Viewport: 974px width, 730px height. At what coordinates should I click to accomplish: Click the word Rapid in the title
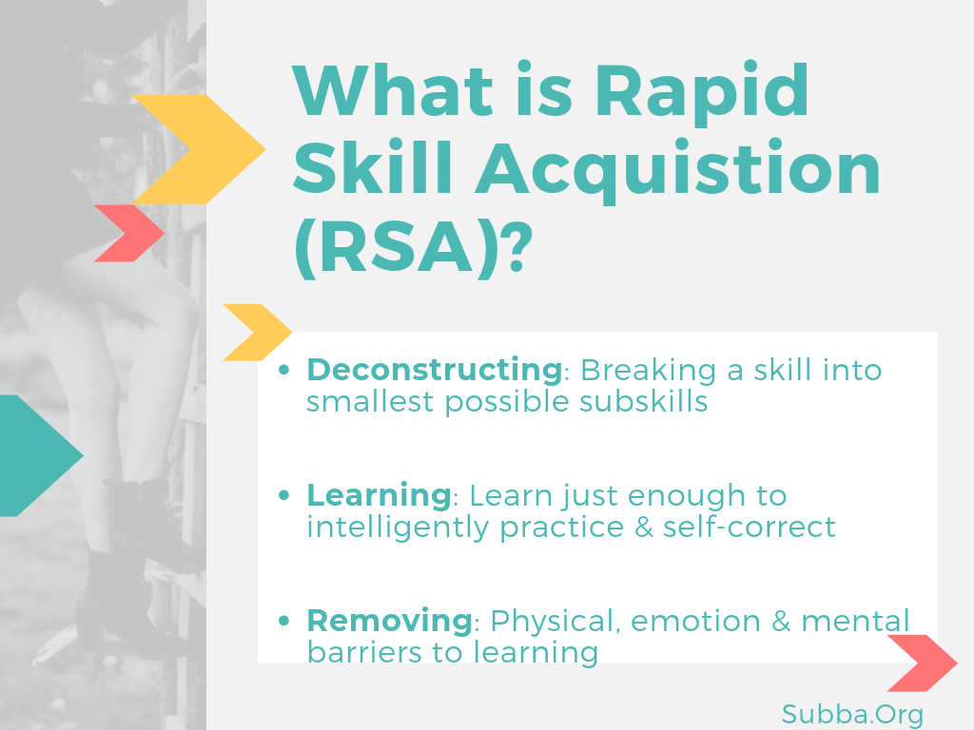click(x=702, y=92)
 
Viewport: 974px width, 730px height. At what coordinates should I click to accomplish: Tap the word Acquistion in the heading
click(x=678, y=169)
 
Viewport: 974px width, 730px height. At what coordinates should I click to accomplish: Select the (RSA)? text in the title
click(x=413, y=247)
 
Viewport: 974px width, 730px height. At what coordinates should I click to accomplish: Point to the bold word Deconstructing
click(x=434, y=370)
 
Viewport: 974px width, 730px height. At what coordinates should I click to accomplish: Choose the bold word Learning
click(x=379, y=496)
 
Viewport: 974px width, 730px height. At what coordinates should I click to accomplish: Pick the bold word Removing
click(x=389, y=620)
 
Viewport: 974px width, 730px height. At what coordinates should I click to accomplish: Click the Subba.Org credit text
click(x=852, y=715)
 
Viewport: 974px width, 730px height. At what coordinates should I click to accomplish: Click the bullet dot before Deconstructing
click(x=283, y=371)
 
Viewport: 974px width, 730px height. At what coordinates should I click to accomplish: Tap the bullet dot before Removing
click(x=283, y=621)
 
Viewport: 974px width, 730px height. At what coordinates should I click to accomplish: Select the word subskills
click(x=644, y=402)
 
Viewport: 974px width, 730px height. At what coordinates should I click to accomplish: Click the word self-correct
click(x=750, y=527)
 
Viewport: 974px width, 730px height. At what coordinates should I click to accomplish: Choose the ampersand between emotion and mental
click(x=781, y=621)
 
